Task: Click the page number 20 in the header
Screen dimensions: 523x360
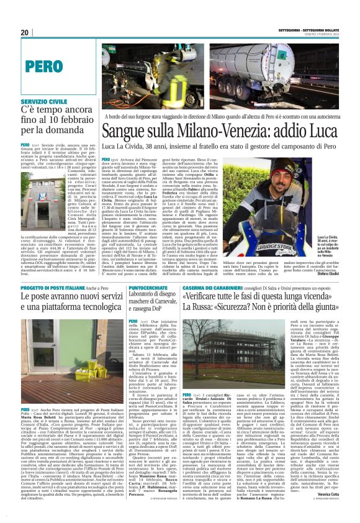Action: pos(25,32)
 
